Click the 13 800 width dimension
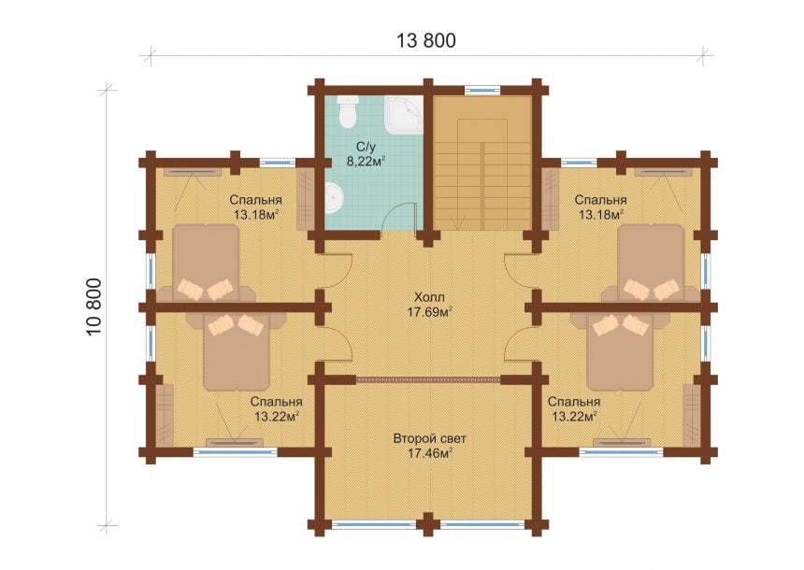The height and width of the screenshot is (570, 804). pyautogui.click(x=426, y=40)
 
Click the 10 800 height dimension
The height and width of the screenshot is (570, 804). pyautogui.click(x=94, y=307)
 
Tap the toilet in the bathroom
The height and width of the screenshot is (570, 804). pyautogui.click(x=347, y=112)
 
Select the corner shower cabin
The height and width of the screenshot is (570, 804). pyautogui.click(x=405, y=115)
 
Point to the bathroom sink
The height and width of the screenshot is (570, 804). pyautogui.click(x=334, y=199)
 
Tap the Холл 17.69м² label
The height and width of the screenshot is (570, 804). pyautogui.click(x=430, y=305)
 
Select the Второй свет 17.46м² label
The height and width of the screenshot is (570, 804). pyautogui.click(x=430, y=446)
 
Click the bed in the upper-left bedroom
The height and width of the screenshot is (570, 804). pyautogui.click(x=206, y=263)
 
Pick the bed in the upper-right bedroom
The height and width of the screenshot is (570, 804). pyautogui.click(x=651, y=263)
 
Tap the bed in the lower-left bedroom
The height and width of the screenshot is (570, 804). pyautogui.click(x=236, y=351)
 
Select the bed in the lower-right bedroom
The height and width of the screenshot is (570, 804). pyautogui.click(x=621, y=351)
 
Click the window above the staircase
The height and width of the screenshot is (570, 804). pyautogui.click(x=482, y=90)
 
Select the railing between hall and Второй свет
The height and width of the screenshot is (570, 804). pyautogui.click(x=428, y=379)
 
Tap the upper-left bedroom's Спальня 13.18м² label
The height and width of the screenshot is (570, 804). pyautogui.click(x=255, y=207)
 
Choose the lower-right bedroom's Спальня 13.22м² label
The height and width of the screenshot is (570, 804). pyautogui.click(x=574, y=408)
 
